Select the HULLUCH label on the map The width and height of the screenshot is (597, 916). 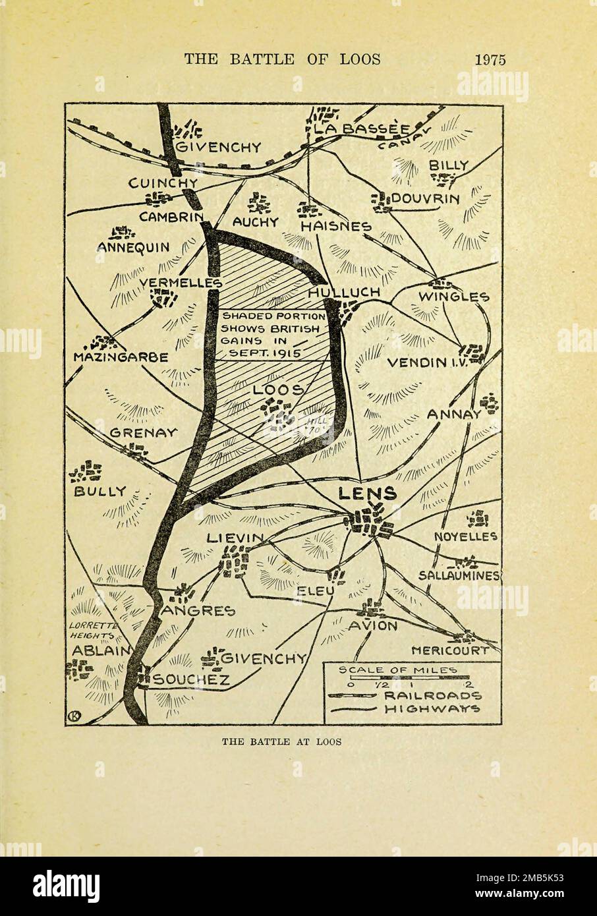tap(343, 292)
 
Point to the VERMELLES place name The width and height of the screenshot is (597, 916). tap(180, 283)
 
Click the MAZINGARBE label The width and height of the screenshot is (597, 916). tap(125, 357)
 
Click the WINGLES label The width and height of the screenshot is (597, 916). tap(454, 297)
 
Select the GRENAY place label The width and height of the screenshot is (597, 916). tap(143, 433)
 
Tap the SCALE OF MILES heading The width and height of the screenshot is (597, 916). tap(397, 670)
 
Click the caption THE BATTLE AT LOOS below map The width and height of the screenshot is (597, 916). tap(281, 741)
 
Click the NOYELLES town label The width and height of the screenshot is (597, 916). tap(465, 536)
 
